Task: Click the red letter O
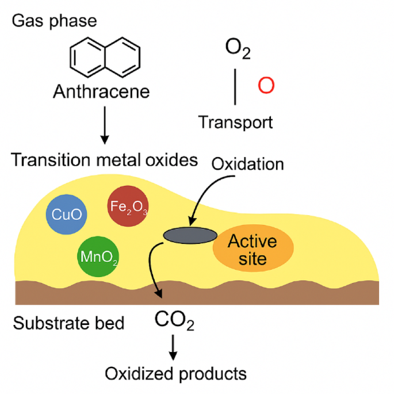(266, 86)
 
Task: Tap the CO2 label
(175, 320)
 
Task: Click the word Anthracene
(101, 91)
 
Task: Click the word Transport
(235, 122)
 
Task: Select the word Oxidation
(248, 165)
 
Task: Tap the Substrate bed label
(68, 323)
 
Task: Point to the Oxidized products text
(175, 374)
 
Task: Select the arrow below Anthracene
(104, 123)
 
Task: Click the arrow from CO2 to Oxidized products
(173, 346)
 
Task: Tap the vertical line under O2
(235, 86)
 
